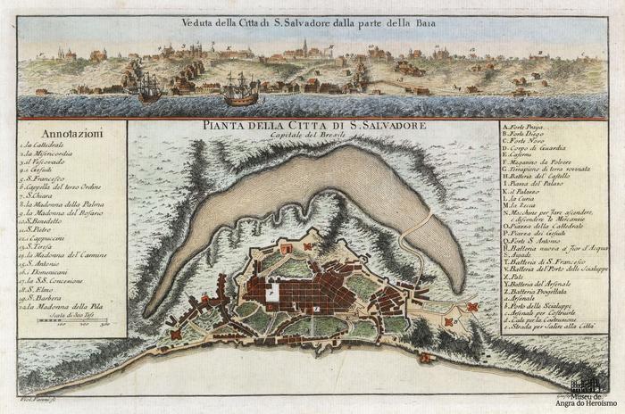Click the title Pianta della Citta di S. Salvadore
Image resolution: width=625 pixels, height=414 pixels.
click(x=312, y=125)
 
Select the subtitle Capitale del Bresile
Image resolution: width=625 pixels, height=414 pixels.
click(x=312, y=135)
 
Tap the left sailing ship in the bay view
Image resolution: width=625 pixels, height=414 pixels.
click(x=150, y=87)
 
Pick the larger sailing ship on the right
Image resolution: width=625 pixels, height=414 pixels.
click(x=240, y=87)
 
